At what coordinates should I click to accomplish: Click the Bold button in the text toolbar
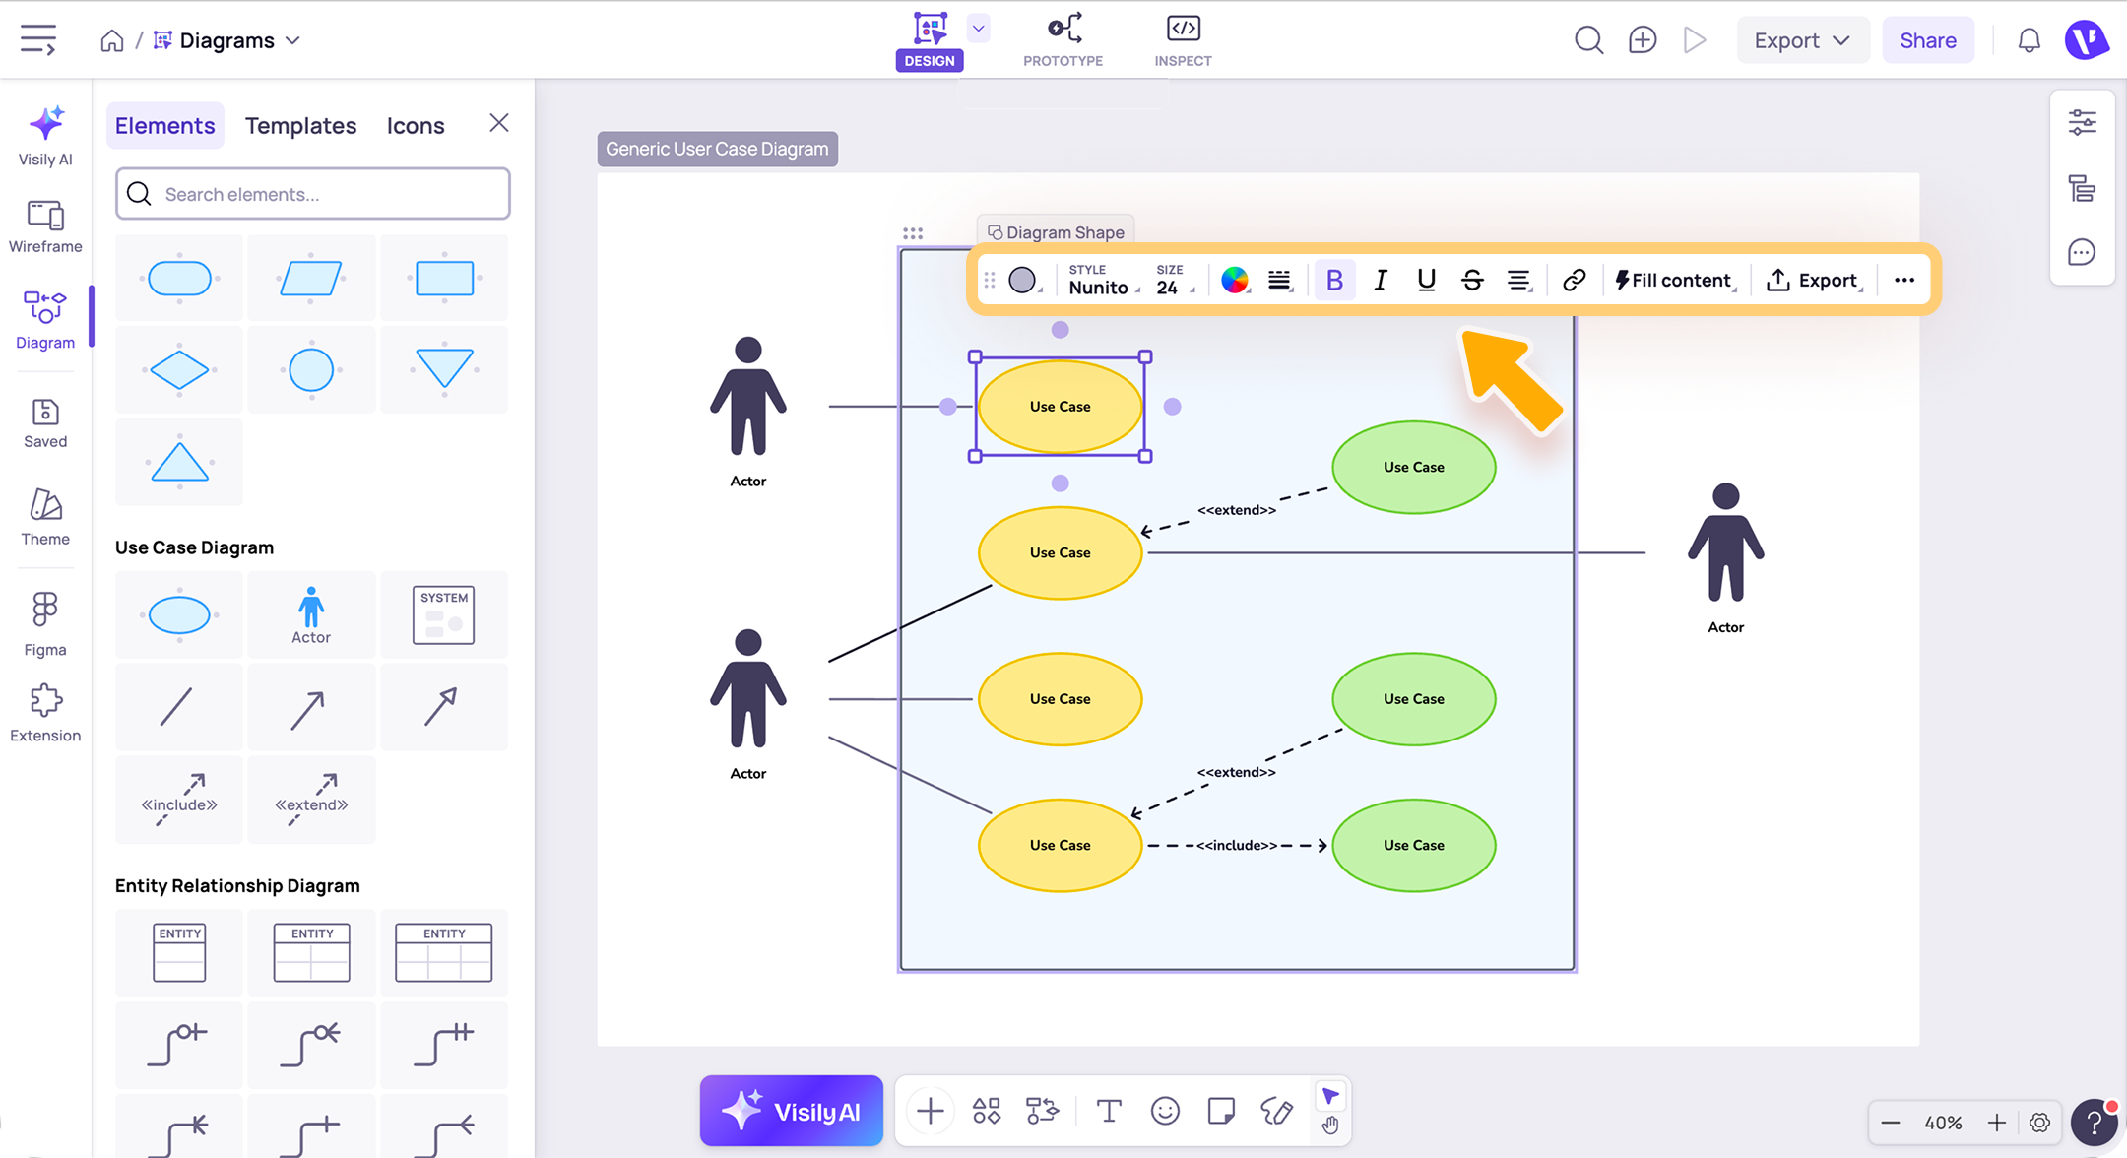(1334, 281)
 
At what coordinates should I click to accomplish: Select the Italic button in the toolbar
(1381, 281)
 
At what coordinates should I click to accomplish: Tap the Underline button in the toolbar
(1426, 281)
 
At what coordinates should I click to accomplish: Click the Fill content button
(1674, 281)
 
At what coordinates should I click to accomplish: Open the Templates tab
(300, 126)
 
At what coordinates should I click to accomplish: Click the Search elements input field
(313, 194)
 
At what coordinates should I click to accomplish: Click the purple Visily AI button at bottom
(792, 1112)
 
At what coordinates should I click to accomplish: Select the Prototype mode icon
(1063, 29)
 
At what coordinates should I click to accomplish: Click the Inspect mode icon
(1183, 29)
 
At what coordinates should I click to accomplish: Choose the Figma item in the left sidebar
(45, 623)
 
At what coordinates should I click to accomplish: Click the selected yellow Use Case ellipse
(1061, 407)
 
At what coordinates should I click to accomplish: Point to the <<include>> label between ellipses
(1237, 845)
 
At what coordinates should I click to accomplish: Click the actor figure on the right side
(1725, 544)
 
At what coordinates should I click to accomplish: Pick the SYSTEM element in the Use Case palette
(444, 614)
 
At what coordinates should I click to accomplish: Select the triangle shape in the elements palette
(179, 461)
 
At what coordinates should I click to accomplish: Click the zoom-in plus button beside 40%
(1997, 1123)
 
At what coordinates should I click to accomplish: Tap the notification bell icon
(2030, 40)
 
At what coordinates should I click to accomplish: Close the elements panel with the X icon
(499, 123)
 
